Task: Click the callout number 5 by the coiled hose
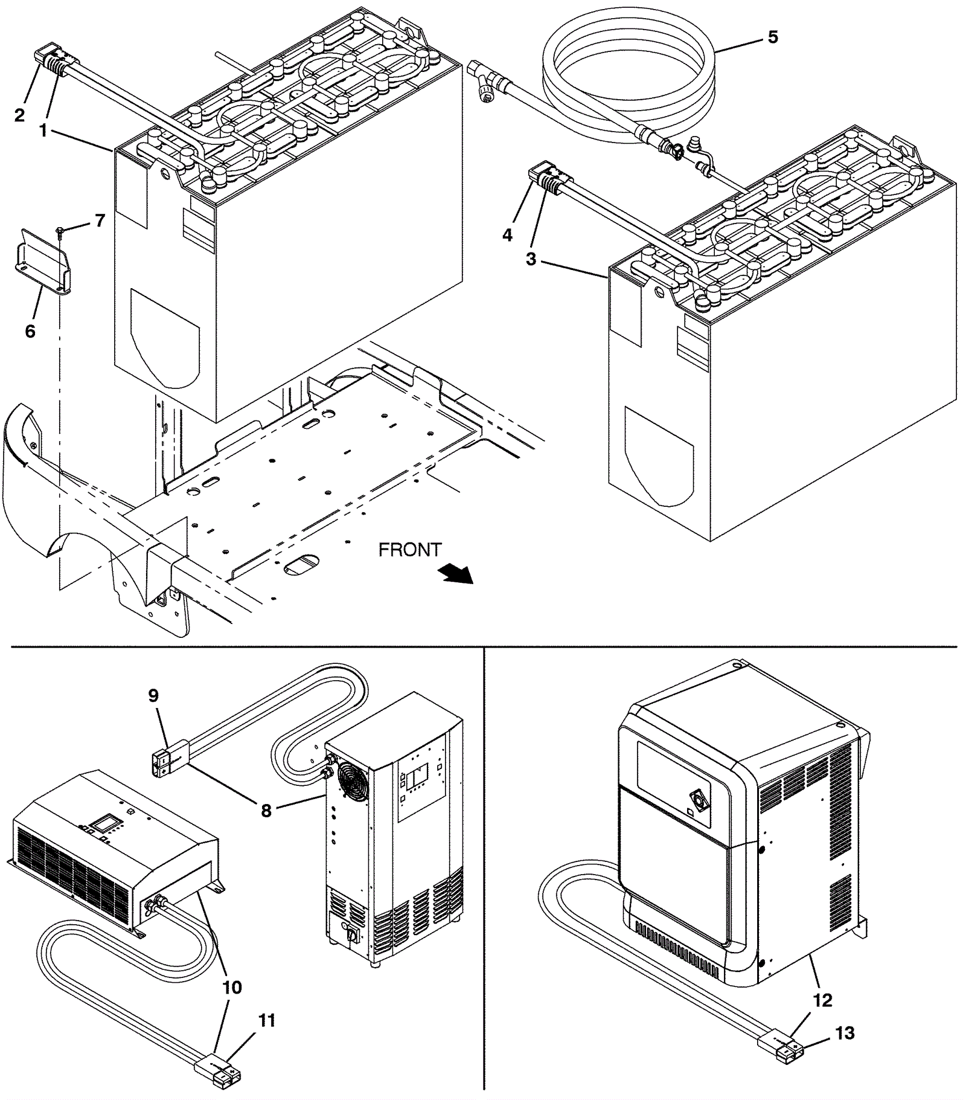pyautogui.click(x=773, y=37)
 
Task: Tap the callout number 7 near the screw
pyautogui.click(x=100, y=220)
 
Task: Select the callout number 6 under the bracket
pyautogui.click(x=30, y=331)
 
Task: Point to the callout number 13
pyautogui.click(x=845, y=1033)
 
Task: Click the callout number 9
pyautogui.click(x=153, y=696)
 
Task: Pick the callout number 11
pyautogui.click(x=266, y=1020)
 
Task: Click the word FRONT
pyautogui.click(x=410, y=550)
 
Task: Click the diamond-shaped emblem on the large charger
pyautogui.click(x=700, y=802)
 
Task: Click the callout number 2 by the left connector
pyautogui.click(x=20, y=115)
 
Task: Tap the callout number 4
pyautogui.click(x=507, y=235)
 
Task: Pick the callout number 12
pyautogui.click(x=822, y=1000)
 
